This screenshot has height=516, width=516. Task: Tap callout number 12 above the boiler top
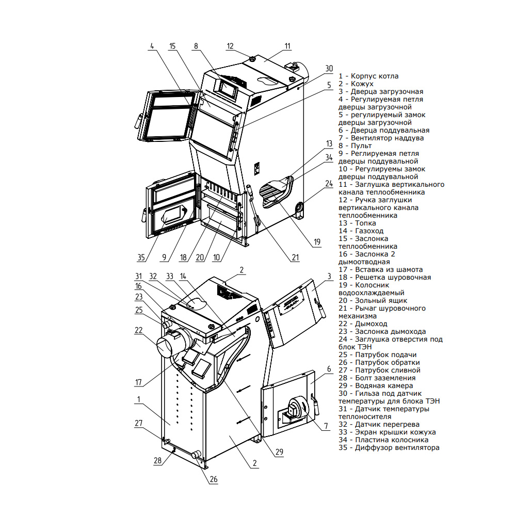coord(230,46)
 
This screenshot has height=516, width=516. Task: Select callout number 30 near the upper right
coord(329,68)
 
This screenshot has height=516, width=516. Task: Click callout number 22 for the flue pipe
coord(138,330)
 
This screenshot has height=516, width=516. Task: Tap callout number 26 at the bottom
coord(213,479)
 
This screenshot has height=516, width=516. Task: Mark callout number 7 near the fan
coord(327,426)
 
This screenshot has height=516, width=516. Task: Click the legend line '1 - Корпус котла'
coord(368,76)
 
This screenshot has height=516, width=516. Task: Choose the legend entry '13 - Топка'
coord(357,223)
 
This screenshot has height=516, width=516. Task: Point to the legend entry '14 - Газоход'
coord(361,231)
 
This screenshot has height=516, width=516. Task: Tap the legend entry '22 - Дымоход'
coord(363,324)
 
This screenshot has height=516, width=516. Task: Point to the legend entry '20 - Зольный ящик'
coord(373,300)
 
